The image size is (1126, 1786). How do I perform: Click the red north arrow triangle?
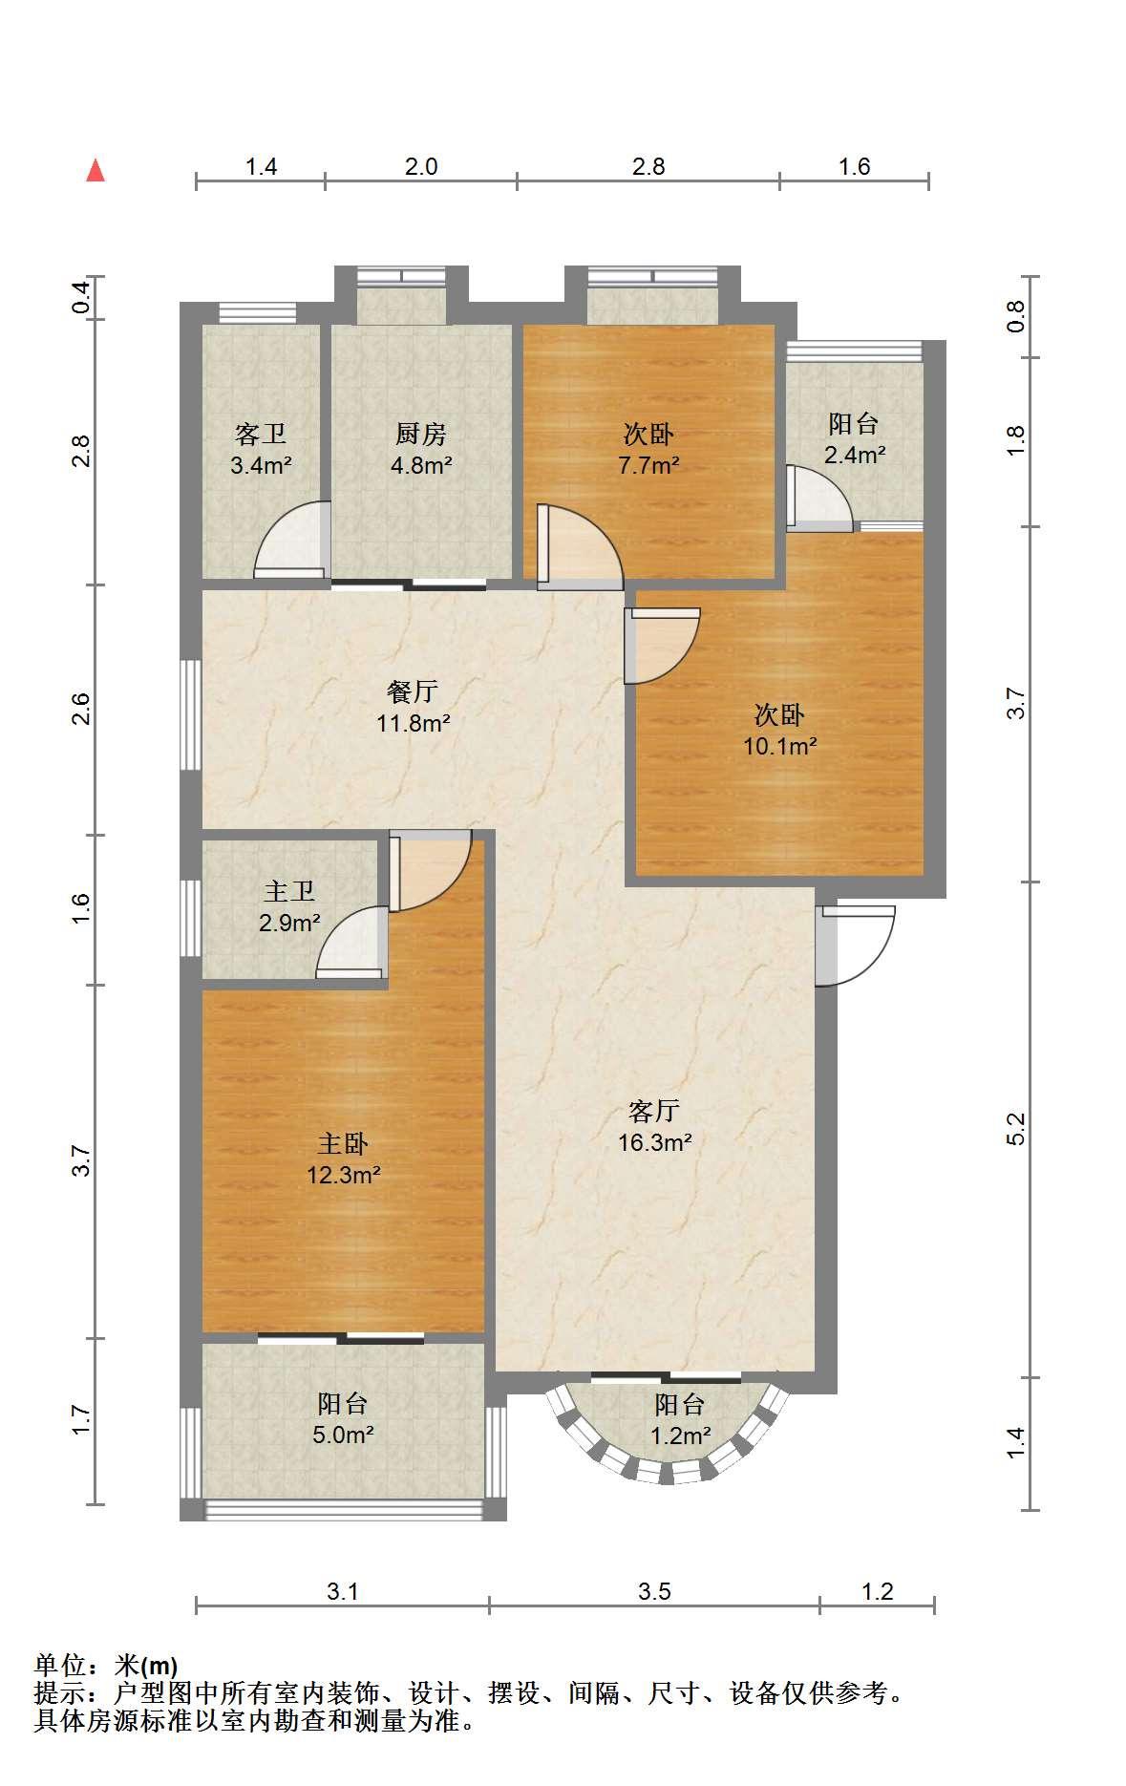(96, 170)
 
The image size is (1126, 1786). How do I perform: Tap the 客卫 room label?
(261, 435)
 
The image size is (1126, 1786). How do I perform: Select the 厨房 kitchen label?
(421, 435)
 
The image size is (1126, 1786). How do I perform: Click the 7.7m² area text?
(648, 466)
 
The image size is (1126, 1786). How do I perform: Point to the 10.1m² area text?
(780, 746)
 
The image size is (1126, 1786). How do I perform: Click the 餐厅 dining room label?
(413, 691)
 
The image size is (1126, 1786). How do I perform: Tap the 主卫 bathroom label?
(289, 892)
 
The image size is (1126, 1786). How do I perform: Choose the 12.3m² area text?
(344, 1175)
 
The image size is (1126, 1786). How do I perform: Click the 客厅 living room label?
(654, 1111)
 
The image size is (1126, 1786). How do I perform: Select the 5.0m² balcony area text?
(344, 1435)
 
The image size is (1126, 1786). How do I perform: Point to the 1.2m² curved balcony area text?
(680, 1435)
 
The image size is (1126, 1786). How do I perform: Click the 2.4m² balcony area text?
(855, 455)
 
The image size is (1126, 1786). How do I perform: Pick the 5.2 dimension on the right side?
(1016, 1128)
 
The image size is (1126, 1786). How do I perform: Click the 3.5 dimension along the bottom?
(654, 1591)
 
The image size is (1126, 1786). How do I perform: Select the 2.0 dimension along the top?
(421, 166)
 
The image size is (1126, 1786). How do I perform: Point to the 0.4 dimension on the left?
(82, 299)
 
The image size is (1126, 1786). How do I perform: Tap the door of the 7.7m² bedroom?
(579, 545)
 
